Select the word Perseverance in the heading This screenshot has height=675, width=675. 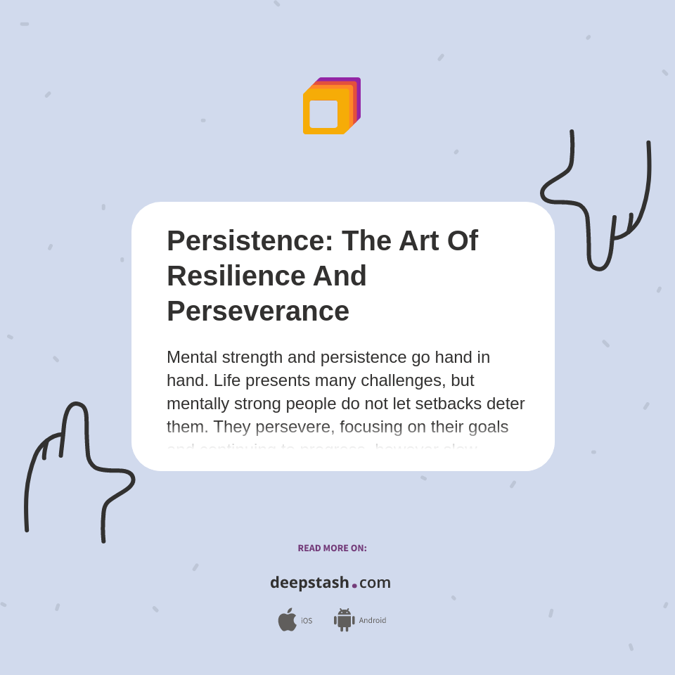(257, 311)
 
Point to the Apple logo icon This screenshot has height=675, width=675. (287, 620)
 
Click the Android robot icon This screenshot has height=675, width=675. (344, 620)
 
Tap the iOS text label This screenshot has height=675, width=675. (307, 621)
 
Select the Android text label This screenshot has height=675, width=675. (373, 621)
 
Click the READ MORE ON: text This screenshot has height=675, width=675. (332, 548)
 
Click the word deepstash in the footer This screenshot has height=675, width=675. (309, 582)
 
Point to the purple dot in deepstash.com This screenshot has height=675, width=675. (354, 585)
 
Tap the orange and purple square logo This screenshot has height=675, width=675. (331, 105)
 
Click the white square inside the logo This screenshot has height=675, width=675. (323, 114)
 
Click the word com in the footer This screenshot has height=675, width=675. (375, 582)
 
